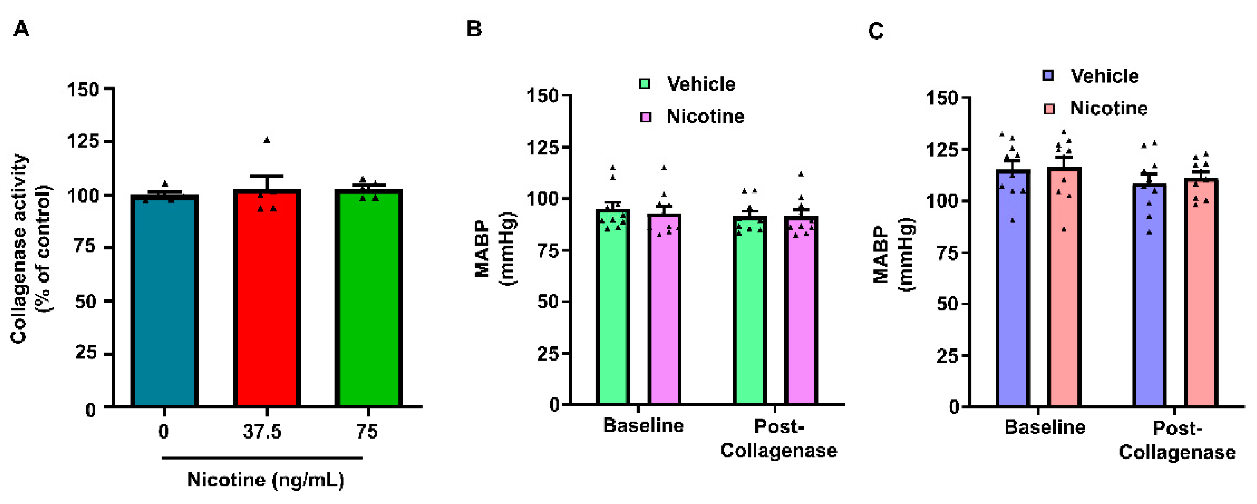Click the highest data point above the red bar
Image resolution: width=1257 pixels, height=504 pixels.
(x=267, y=141)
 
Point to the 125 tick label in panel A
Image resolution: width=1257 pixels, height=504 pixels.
(x=83, y=142)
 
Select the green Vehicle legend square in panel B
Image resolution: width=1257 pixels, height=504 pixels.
(x=645, y=84)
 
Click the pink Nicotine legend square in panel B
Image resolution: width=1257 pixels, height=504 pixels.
(x=645, y=117)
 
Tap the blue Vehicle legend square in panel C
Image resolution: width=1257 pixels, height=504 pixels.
(x=1048, y=76)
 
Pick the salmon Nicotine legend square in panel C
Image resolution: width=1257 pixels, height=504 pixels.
(x=1049, y=109)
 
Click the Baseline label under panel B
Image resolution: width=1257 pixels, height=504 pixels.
(x=643, y=426)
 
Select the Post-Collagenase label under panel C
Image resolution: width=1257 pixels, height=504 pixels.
(x=1177, y=441)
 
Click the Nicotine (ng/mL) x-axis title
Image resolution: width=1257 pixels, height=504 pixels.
(x=266, y=480)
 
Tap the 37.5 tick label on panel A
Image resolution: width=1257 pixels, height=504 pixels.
(x=262, y=432)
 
